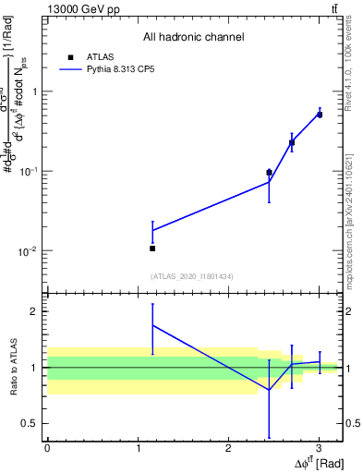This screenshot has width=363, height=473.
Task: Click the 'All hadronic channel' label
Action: pos(193,38)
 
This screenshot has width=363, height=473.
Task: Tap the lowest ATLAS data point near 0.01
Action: pos(152,249)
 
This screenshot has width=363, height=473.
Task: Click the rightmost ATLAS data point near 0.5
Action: pos(319,115)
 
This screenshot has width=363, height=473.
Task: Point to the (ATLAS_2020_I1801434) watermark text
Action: pos(192,277)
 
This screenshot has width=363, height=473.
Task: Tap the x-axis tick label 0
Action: pos(48,448)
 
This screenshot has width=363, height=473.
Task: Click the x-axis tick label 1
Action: pos(138,448)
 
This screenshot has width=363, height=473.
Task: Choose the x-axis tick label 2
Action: pos(228,448)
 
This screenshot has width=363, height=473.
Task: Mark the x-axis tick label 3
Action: pos(319,448)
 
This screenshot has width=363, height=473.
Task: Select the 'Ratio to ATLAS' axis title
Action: pos(14,368)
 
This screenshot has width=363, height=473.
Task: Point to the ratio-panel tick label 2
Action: pos(32,311)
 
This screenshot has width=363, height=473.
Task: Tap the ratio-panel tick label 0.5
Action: pos(29,424)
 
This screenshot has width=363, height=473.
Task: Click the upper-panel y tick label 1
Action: pos(33,91)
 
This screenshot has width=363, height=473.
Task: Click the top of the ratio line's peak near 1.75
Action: pos(152,325)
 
